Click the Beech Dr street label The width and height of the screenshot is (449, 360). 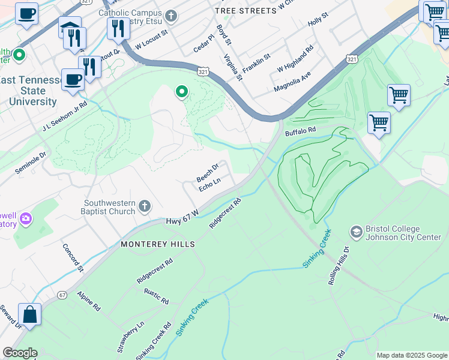click(208, 173)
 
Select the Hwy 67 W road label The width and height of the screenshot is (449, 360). click(181, 222)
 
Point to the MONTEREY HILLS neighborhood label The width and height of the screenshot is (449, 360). click(158, 244)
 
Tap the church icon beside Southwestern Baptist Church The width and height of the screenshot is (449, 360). click(144, 206)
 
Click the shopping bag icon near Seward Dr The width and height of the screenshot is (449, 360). click(29, 314)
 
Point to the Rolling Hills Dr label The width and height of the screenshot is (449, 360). click(338, 265)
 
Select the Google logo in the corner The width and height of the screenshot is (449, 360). click(20, 353)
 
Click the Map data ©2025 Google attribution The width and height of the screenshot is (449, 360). click(412, 355)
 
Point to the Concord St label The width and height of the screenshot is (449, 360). click(72, 257)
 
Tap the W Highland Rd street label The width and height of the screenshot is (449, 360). click(295, 59)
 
